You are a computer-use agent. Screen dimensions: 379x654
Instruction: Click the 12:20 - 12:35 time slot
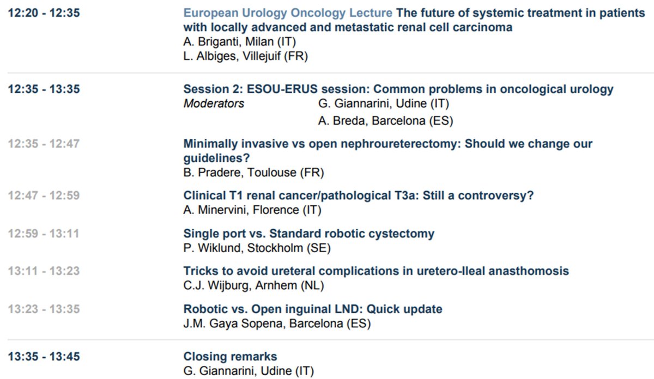point(44,13)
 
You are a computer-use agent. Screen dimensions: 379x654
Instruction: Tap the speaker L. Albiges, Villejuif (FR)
point(245,56)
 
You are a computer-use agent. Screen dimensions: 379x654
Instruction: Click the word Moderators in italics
point(214,103)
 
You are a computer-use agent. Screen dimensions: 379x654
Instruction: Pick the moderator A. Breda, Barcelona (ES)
point(385,121)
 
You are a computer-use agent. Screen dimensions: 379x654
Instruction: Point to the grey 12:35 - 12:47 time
point(44,144)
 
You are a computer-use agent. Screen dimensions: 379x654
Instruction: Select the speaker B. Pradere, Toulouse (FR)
point(253,173)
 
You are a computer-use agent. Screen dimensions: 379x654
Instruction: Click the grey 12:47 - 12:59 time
point(44,195)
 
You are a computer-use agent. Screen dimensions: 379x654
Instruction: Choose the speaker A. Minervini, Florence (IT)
point(252,210)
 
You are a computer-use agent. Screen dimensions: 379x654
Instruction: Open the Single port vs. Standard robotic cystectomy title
point(308,234)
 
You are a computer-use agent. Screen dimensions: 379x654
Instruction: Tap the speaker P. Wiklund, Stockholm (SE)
point(257,248)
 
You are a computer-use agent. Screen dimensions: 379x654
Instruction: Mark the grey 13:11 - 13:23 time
point(44,271)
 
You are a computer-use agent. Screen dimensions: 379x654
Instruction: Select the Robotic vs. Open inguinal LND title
point(312,309)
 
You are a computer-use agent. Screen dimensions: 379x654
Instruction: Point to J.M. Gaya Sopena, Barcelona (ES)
point(277,323)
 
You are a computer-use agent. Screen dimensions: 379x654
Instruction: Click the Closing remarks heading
point(230,357)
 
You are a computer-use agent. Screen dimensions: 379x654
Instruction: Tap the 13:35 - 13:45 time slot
point(44,357)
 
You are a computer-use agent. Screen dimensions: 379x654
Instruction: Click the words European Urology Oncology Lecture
point(287,13)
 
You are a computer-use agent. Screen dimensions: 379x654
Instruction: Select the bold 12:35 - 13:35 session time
point(44,89)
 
